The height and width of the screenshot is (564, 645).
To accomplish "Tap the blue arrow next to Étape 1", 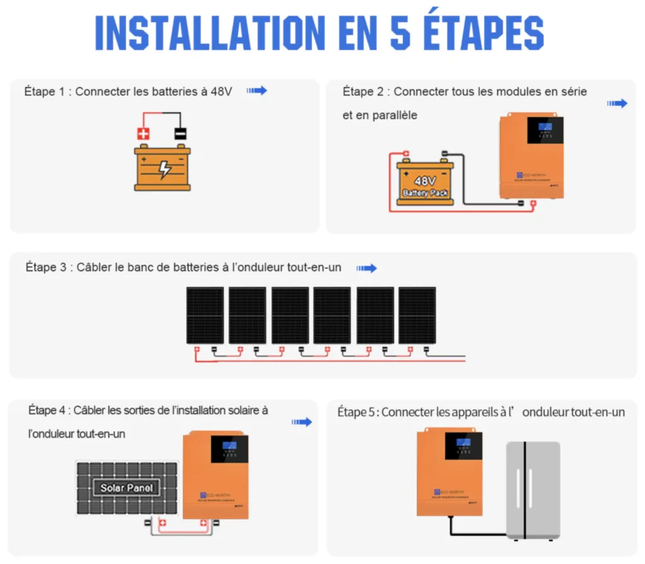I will (256, 91).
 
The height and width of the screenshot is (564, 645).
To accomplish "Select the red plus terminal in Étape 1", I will (144, 134).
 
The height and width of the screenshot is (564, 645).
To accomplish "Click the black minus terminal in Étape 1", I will (181, 134).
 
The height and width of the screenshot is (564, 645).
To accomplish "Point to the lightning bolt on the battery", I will (164, 168).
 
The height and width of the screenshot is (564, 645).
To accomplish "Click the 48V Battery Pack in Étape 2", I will (425, 183).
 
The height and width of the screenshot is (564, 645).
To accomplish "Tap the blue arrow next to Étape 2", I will (617, 103).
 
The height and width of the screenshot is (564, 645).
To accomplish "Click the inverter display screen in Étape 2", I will (545, 129).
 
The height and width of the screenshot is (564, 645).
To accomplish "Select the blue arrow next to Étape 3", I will (367, 268).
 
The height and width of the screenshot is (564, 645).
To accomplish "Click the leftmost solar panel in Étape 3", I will (205, 316).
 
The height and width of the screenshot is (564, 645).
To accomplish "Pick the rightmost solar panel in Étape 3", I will (417, 316).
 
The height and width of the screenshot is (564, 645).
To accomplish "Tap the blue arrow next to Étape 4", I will (302, 422).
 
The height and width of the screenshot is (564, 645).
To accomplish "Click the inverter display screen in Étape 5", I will (463, 445).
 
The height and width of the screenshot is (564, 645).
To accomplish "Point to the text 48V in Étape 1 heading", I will (221, 91).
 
